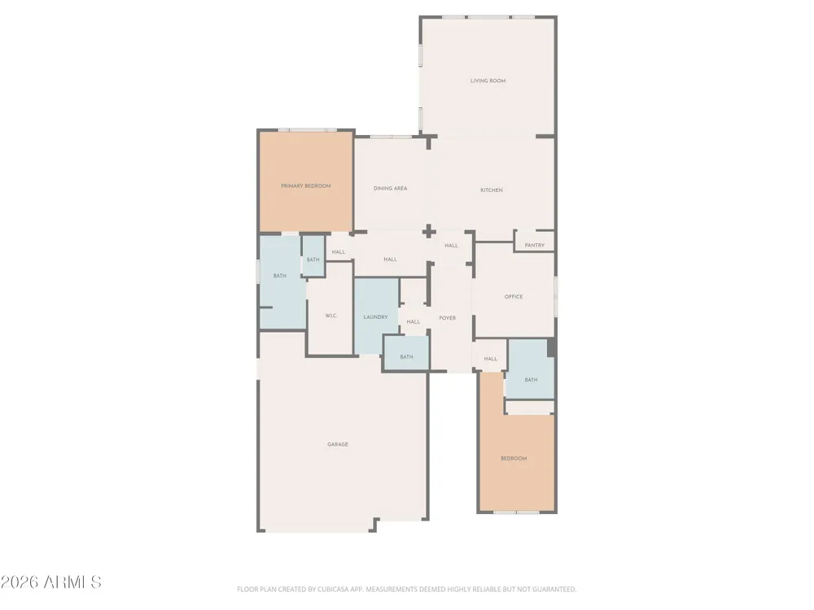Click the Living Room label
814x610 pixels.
pos(488,81)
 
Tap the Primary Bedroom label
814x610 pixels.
pos(306,185)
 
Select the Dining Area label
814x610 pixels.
pos(391,189)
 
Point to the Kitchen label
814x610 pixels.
pos(492,190)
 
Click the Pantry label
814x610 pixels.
pos(535,246)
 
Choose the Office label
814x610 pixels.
pos(514,297)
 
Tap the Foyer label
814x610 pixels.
pos(448,318)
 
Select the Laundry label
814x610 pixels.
pos(375,317)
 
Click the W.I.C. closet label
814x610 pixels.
pos(331,316)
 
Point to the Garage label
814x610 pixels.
pos(338,445)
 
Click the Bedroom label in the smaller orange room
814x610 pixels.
pos(514,459)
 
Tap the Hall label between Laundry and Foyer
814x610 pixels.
pos(414,321)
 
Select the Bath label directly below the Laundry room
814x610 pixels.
pos(406,357)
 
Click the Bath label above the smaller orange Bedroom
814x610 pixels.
pos(531,380)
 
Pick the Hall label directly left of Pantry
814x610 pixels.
pos(452,246)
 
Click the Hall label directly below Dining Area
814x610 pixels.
pos(391,259)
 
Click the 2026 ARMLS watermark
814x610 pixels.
pos(50,582)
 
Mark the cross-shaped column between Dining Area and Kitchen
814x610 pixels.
pos(428,231)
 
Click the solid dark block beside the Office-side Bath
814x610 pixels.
pos(551,347)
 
